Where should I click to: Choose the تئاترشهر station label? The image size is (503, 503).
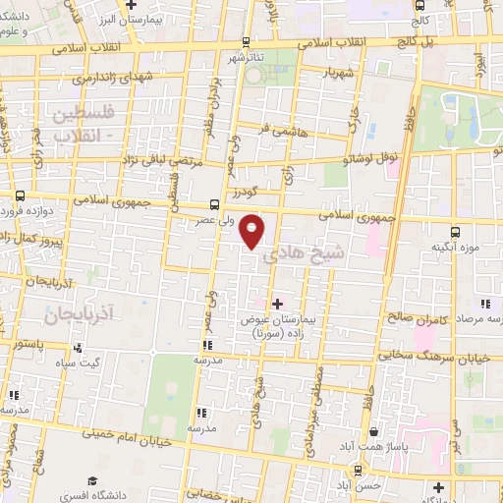249,58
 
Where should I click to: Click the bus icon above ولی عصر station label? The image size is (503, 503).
214,205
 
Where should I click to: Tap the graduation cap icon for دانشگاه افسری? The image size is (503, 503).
91,481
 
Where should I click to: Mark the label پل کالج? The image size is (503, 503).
444,44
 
